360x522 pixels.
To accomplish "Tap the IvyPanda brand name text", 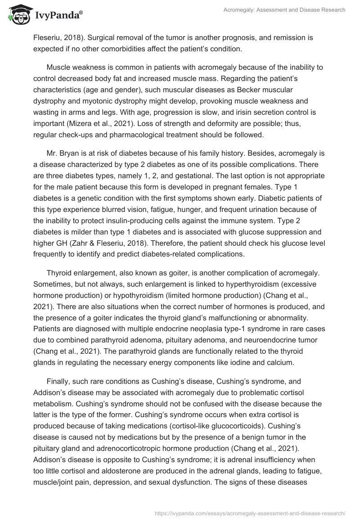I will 57,15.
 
